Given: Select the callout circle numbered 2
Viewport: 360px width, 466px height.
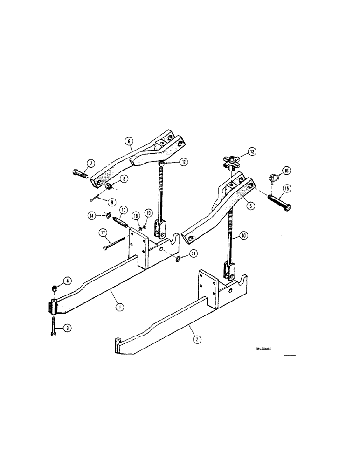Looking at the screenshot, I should pyautogui.click(x=197, y=340).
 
